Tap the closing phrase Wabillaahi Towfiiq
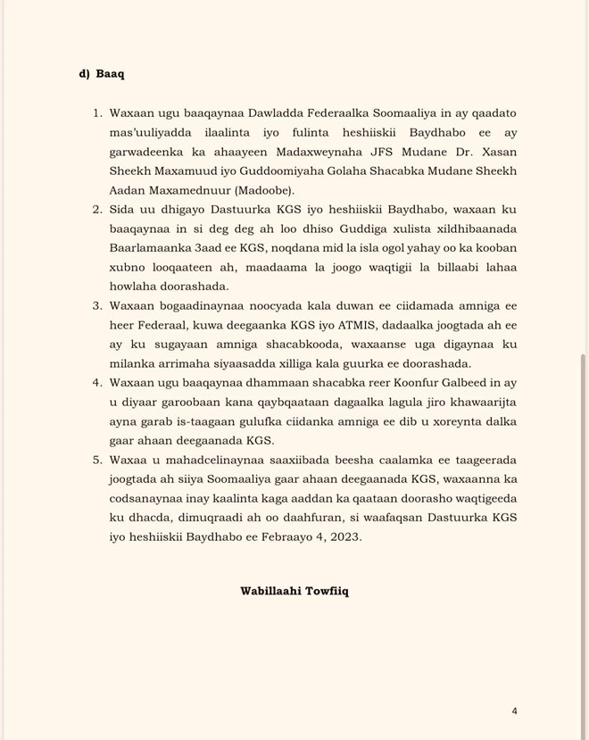[x=294, y=591]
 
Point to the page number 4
[x=515, y=711]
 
